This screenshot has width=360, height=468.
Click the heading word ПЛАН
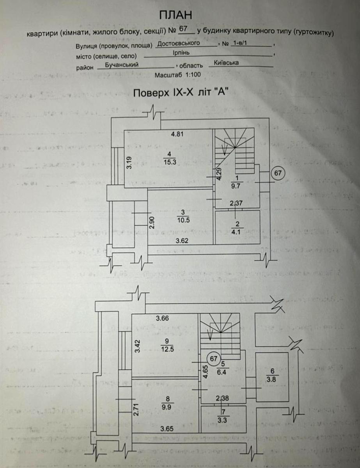(x=176, y=15)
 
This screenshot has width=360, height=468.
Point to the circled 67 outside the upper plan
(x=278, y=173)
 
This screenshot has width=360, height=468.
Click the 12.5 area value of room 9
(x=166, y=348)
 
